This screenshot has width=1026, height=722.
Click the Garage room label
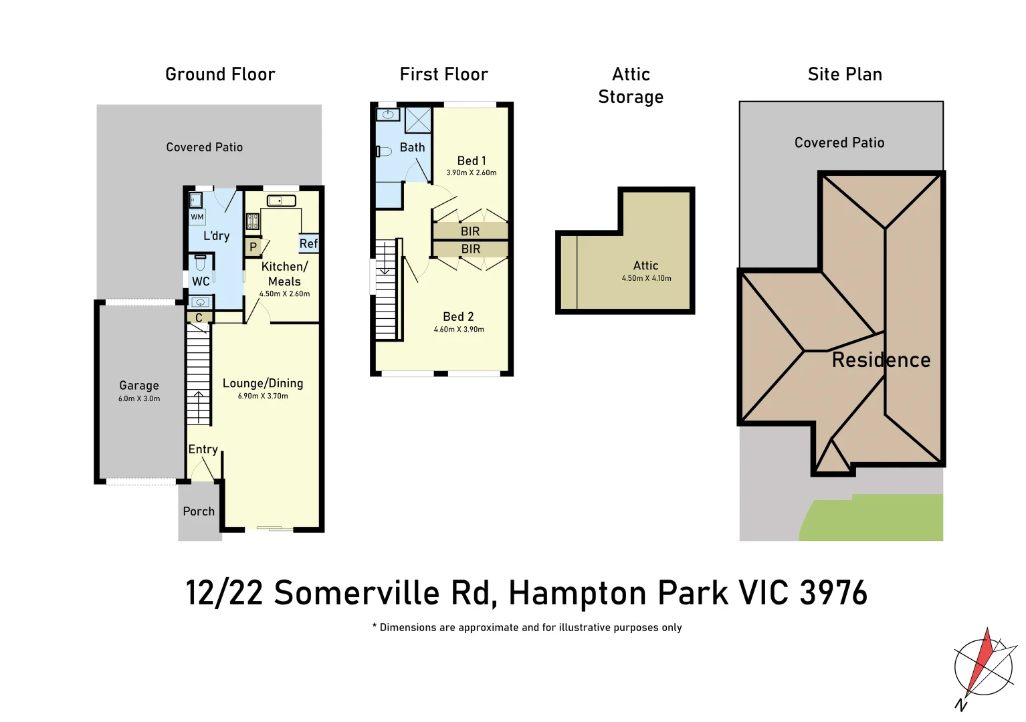point(139,386)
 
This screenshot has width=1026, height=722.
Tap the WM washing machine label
point(197,217)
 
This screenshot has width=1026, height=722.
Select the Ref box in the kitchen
point(308,244)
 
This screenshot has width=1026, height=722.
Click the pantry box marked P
point(253,247)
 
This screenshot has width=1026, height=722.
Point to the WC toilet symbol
point(200,263)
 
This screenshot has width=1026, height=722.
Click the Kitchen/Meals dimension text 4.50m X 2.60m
point(284,294)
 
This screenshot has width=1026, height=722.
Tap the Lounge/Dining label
point(263,384)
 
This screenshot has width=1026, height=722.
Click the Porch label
point(199,511)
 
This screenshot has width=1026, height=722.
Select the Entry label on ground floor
point(203,450)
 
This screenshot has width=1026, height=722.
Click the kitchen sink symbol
point(282,201)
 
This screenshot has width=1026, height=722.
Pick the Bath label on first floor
point(412,148)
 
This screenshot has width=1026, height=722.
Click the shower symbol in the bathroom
point(418,120)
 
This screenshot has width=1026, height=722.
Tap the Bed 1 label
point(472,161)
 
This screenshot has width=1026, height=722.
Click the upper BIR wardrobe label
point(470,231)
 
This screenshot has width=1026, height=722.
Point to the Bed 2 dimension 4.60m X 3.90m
point(459,330)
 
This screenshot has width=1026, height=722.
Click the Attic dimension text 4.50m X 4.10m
point(646,279)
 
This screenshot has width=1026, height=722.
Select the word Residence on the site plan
point(881,360)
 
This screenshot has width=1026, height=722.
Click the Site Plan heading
point(845,74)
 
